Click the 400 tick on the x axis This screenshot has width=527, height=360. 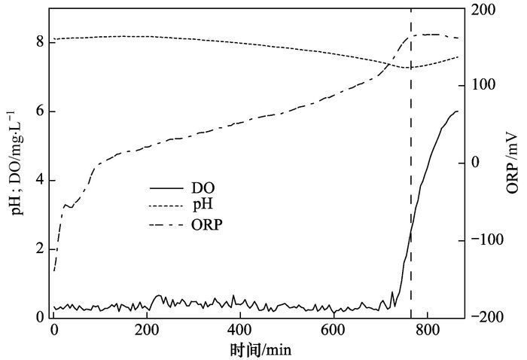[x=240, y=331]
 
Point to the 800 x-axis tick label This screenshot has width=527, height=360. [x=427, y=331]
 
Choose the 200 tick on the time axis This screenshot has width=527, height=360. [x=148, y=331]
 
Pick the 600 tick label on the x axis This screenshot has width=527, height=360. [x=334, y=331]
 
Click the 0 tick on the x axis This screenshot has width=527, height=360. [x=54, y=331]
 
